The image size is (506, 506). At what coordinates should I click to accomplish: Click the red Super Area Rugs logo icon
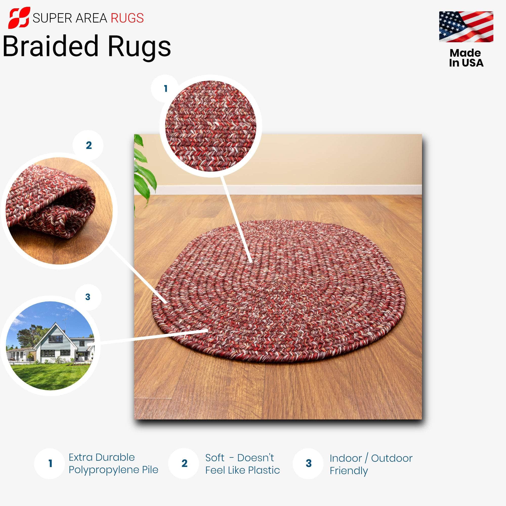tap(19, 18)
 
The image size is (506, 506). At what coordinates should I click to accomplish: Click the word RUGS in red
tap(127, 18)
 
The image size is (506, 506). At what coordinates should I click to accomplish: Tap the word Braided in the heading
tap(50, 46)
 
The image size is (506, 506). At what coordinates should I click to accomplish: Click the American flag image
tap(466, 27)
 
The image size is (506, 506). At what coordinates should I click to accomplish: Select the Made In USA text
tap(466, 58)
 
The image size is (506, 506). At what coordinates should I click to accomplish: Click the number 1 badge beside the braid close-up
tap(165, 89)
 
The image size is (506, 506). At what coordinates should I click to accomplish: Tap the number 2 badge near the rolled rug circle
tap(89, 145)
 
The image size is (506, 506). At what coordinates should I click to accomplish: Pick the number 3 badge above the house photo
tap(88, 297)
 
